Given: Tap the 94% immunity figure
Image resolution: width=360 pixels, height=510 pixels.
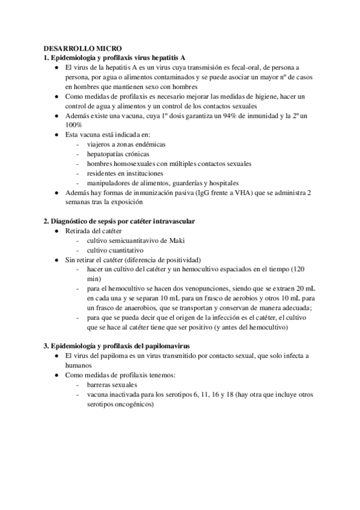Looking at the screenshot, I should tap(226, 115).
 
